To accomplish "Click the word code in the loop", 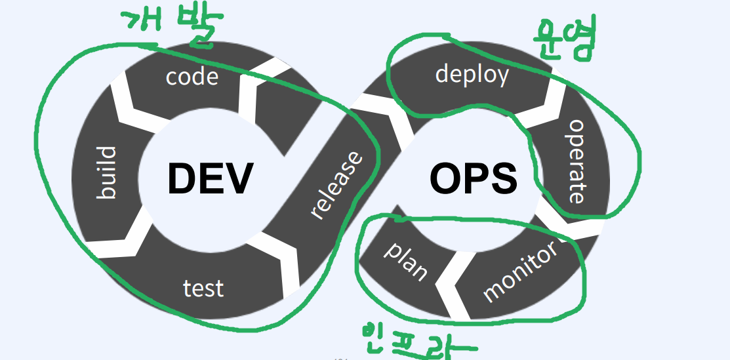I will point(192,76).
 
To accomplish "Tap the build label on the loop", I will point(106,172).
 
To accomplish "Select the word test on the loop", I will point(203,288).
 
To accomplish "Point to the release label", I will point(336,186).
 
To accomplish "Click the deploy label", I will point(472,73).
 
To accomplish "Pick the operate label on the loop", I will point(575,161).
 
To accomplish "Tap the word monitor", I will point(521,270).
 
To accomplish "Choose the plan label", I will point(405,260).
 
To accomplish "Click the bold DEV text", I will point(209,178).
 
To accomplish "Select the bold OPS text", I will point(473,178).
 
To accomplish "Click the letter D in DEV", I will point(181,178).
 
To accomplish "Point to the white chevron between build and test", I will point(121,243).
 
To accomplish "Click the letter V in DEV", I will point(237,178).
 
